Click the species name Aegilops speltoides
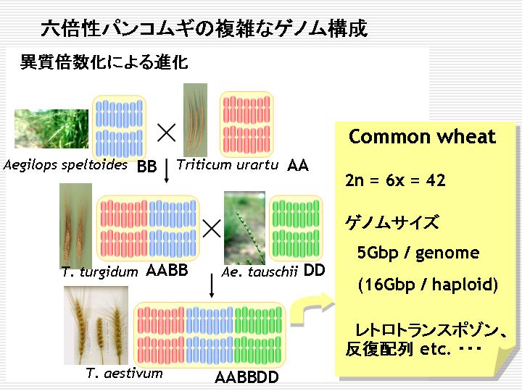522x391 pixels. coord(65,165)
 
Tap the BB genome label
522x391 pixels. coord(146,167)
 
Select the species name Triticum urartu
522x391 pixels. coord(228,164)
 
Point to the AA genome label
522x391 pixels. coord(298,165)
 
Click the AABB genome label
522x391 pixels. coord(167,270)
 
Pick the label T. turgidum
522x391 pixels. coord(99,272)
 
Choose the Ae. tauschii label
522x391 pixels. coord(260,272)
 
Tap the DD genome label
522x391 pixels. coord(314,271)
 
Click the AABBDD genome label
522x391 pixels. coord(246,377)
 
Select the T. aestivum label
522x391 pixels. coord(124,373)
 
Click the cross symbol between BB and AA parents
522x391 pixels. coord(166,133)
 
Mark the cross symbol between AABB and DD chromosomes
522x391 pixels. coord(212,228)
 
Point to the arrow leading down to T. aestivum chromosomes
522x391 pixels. coord(212,286)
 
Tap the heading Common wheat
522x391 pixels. coord(422,137)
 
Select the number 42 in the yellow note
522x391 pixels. coord(436,180)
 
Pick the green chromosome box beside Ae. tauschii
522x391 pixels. coord(296,228)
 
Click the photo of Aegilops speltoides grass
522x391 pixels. coord(51,129)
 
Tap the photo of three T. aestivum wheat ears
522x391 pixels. coord(96,326)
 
